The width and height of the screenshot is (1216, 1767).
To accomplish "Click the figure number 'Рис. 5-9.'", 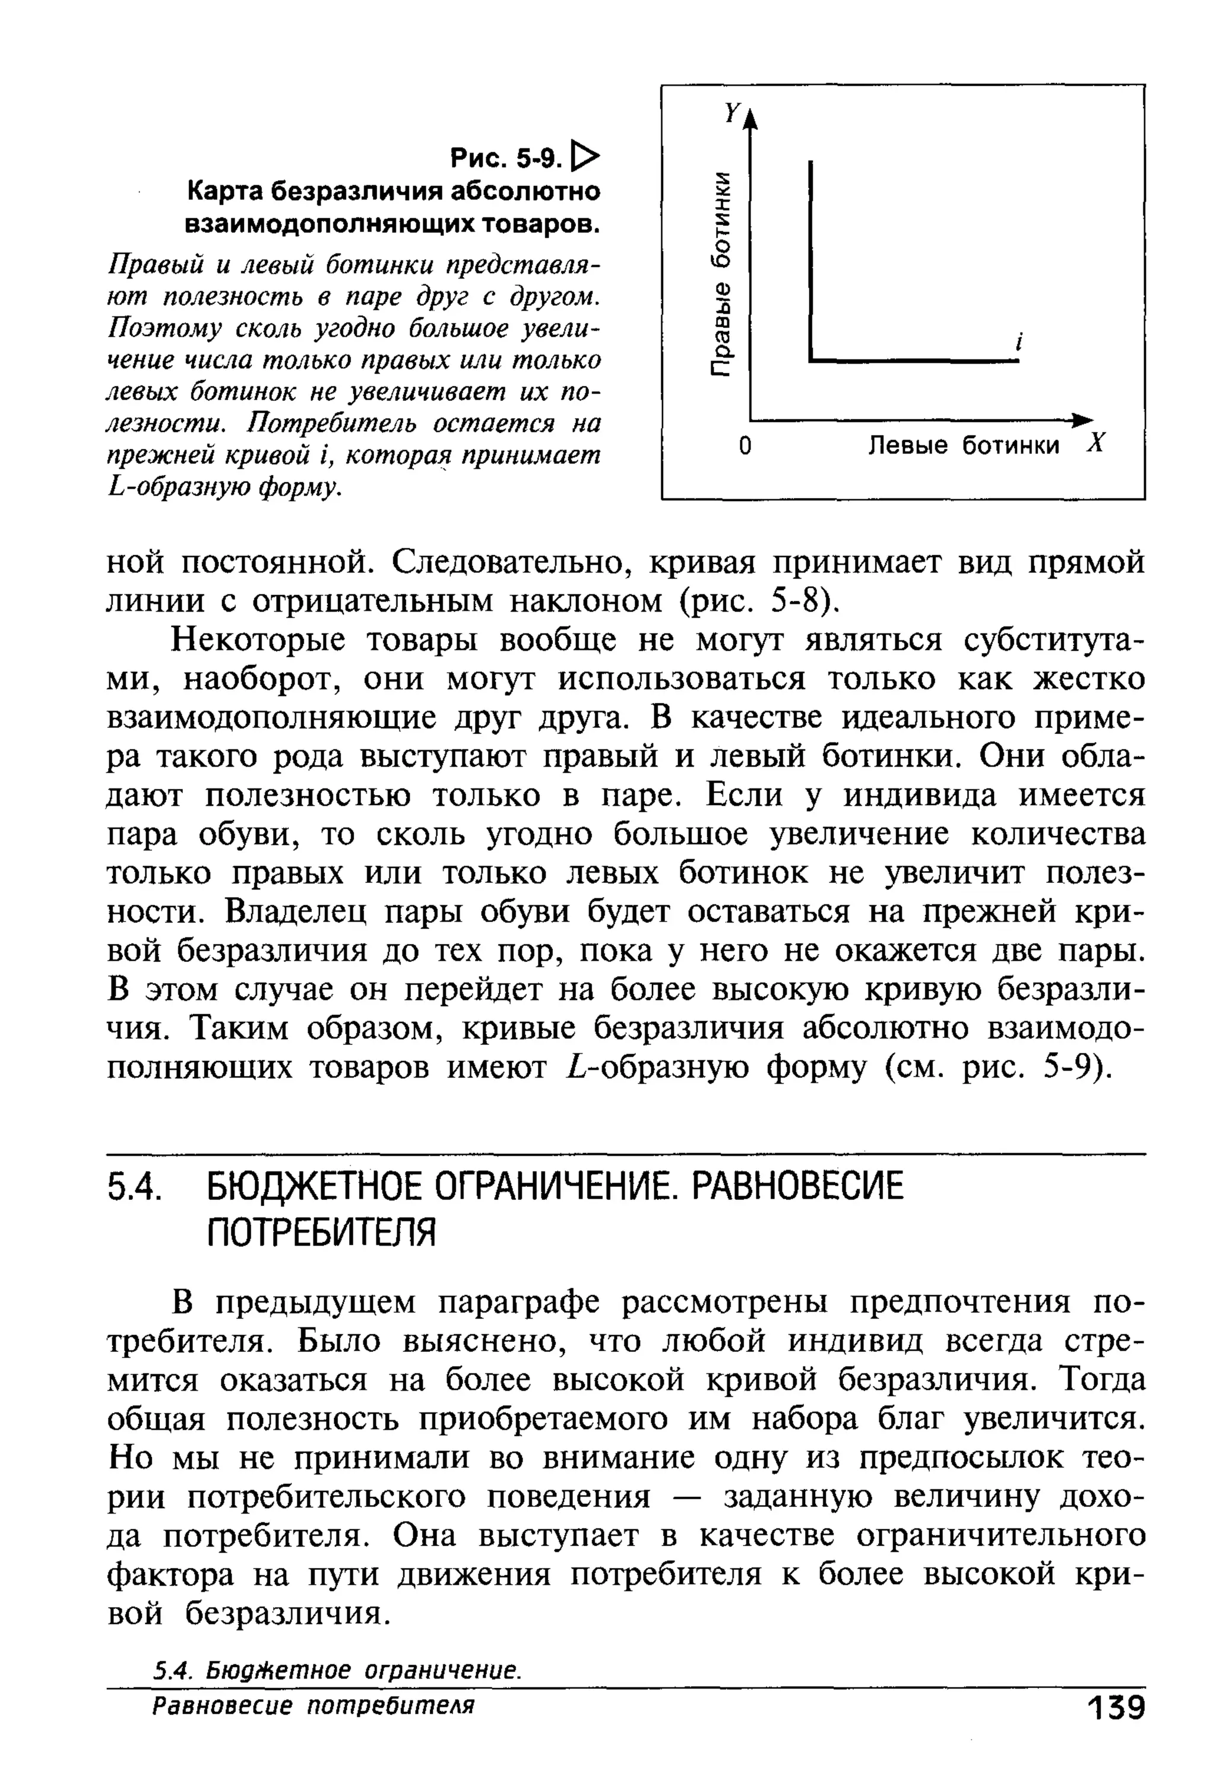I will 506,158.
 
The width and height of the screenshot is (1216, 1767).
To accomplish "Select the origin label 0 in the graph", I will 745,446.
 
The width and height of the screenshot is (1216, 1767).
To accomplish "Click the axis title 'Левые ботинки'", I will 964,446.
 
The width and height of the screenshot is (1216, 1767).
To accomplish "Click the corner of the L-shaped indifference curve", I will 812,360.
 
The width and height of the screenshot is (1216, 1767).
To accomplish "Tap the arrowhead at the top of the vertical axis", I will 750,118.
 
